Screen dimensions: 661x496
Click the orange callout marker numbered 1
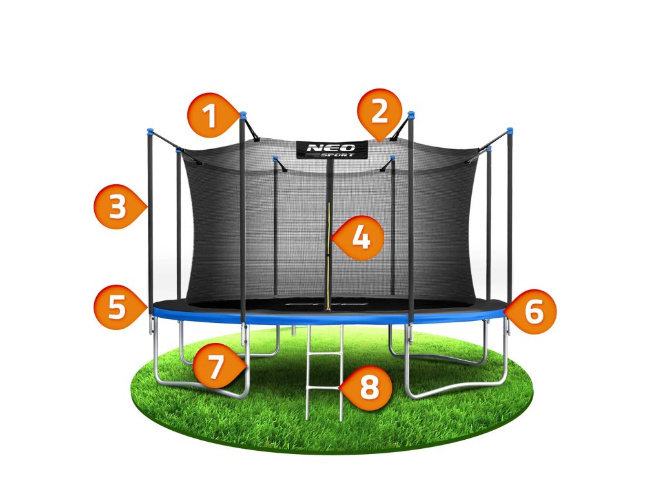point(208,117)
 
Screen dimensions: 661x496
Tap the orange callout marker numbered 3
point(117,207)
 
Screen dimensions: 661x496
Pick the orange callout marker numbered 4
point(361,238)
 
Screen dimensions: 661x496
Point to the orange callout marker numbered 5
point(117,307)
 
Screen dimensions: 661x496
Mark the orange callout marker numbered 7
point(216,366)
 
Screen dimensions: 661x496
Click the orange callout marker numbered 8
point(369,388)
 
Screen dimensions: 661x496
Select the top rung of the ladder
point(324,340)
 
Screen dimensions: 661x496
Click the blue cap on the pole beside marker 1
point(243,115)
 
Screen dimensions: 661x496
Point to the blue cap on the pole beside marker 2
point(411,115)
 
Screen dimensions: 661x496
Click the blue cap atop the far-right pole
point(510,130)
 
